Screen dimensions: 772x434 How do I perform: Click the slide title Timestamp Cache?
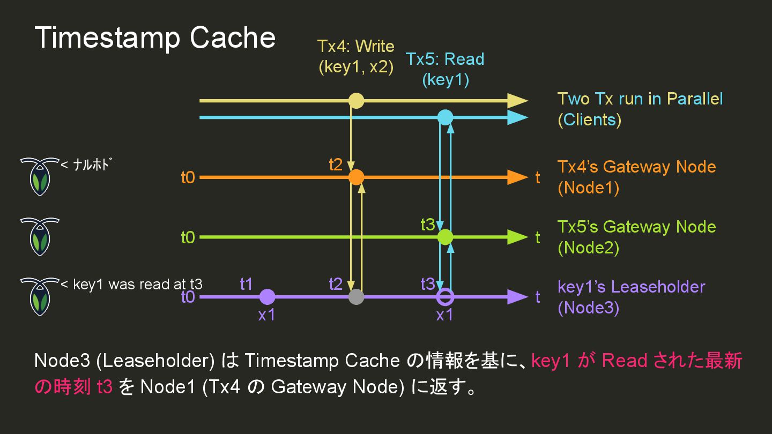(x=155, y=38)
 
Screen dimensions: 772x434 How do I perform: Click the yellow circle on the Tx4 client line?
(x=356, y=101)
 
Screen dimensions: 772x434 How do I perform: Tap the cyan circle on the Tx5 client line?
(x=445, y=117)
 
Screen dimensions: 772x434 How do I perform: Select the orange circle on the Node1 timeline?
(x=356, y=177)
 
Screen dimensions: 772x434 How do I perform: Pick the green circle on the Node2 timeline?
(x=445, y=237)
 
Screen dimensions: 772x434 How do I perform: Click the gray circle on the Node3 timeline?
(x=356, y=297)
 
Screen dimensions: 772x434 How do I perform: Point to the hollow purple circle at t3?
(x=445, y=297)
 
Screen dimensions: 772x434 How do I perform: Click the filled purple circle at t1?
(x=267, y=297)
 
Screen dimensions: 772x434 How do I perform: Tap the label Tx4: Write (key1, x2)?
(x=355, y=57)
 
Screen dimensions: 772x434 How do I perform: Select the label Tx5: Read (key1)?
(x=445, y=69)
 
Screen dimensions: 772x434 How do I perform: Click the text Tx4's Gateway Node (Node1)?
(x=636, y=177)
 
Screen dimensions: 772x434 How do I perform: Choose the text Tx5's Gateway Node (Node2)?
(x=636, y=237)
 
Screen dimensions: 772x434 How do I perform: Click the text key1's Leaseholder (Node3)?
(x=631, y=297)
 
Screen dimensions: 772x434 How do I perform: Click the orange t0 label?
(x=188, y=177)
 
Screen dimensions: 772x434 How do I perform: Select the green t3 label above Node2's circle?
(x=428, y=225)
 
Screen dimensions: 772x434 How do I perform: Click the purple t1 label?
(x=246, y=284)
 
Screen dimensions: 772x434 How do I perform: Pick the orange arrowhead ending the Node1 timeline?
(x=517, y=177)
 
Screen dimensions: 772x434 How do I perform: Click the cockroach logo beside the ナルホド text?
(x=39, y=176)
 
